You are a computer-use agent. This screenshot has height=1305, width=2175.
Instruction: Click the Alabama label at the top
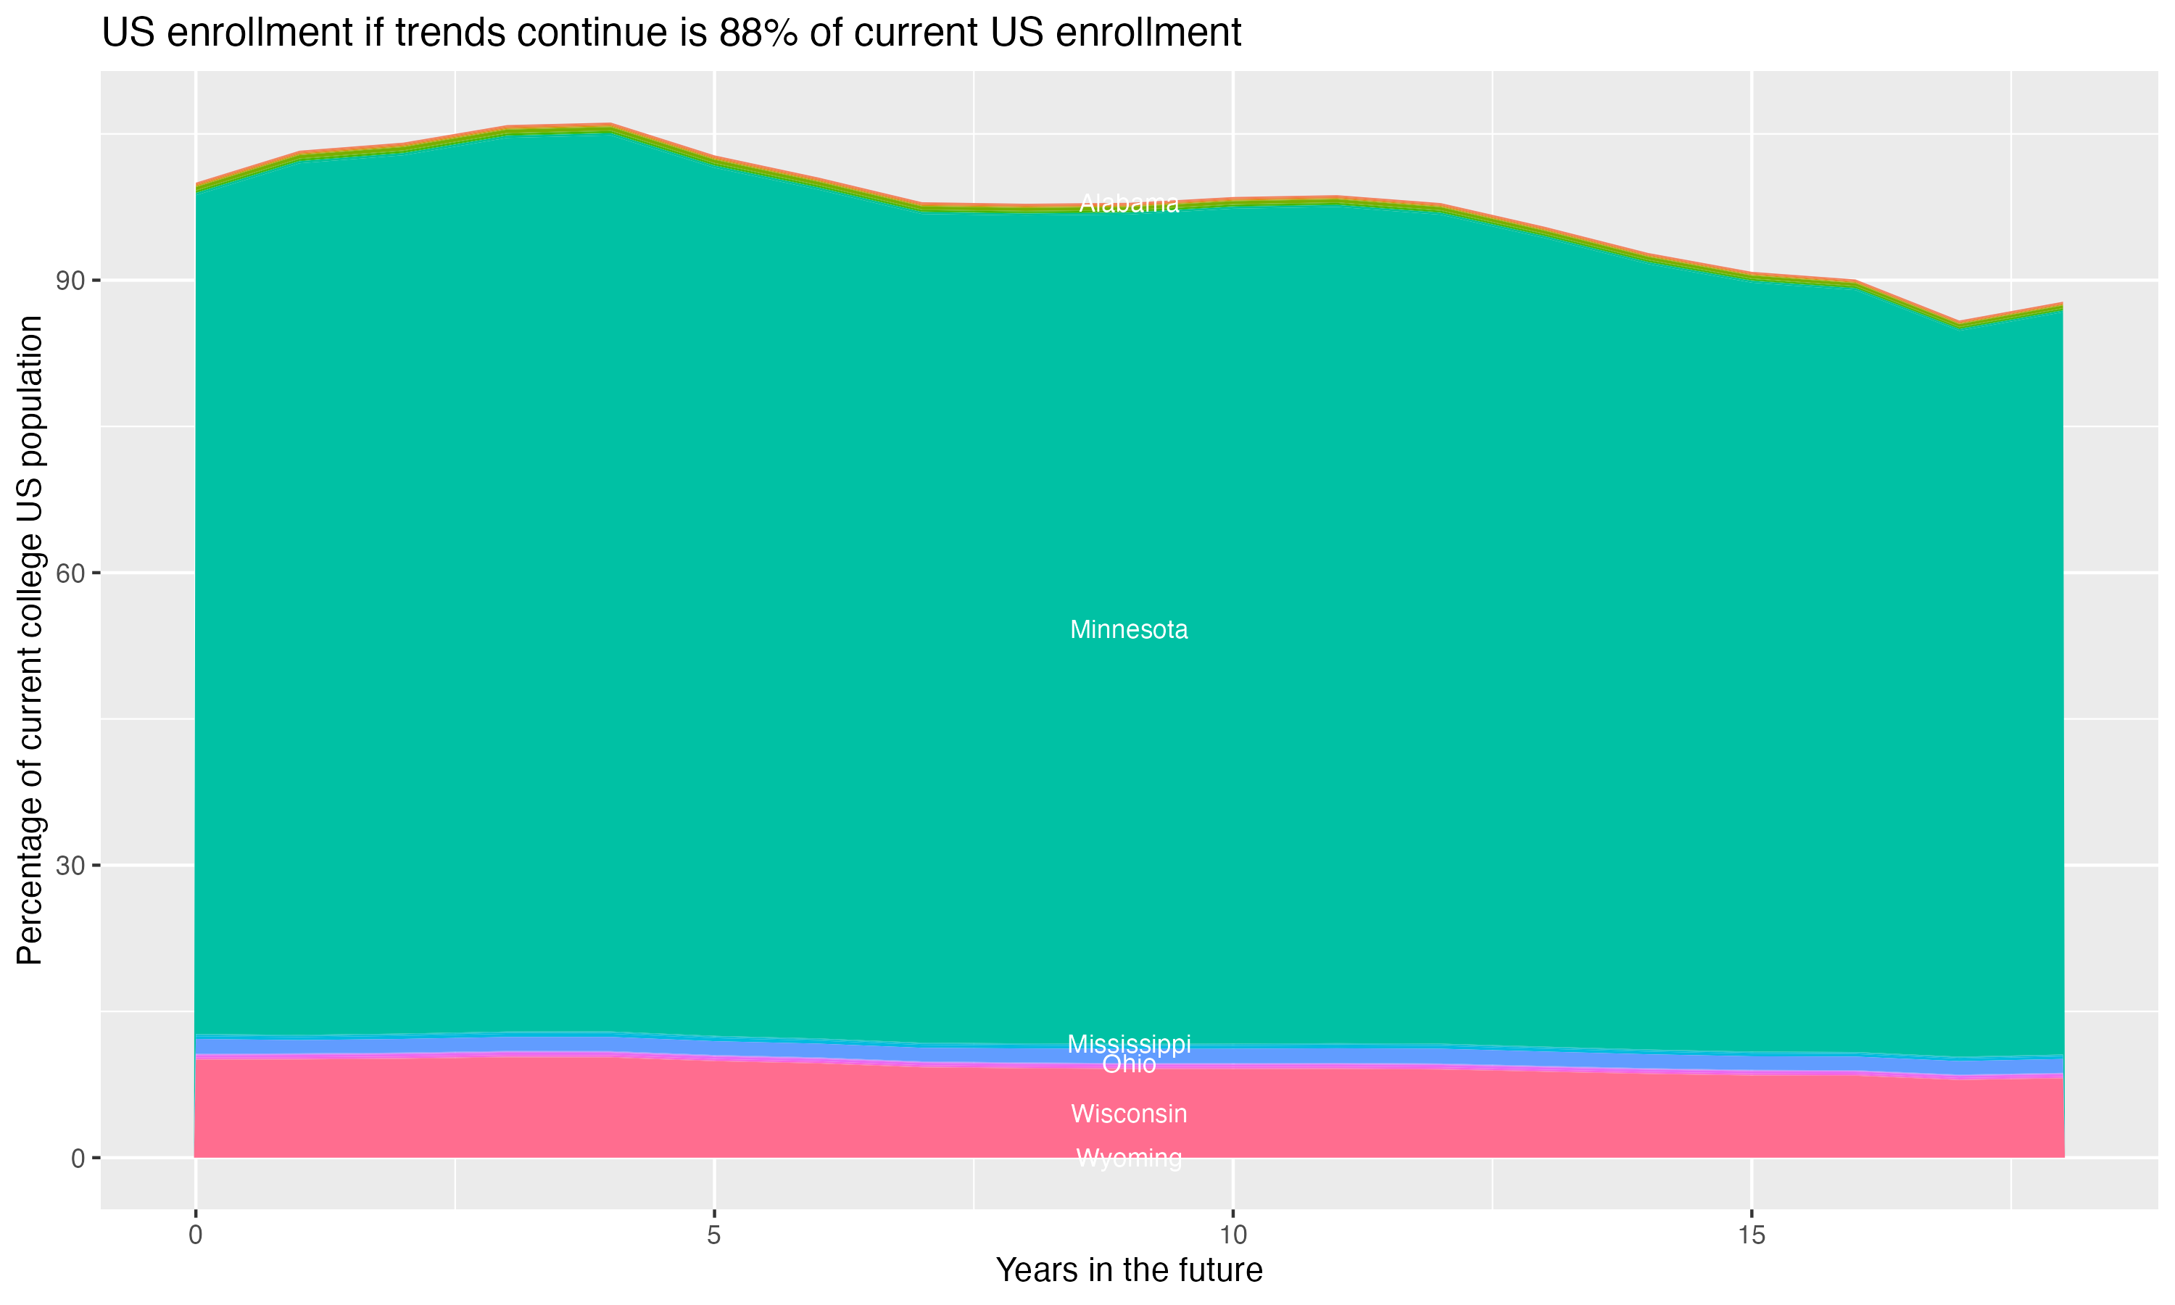pyautogui.click(x=1129, y=203)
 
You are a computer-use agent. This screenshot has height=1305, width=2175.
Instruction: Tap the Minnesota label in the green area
pyautogui.click(x=1129, y=629)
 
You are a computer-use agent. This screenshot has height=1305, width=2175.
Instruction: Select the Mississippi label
pyautogui.click(x=1129, y=1044)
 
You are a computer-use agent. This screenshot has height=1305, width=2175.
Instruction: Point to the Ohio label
pyautogui.click(x=1129, y=1064)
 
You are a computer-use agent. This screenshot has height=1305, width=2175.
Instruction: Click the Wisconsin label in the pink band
pyautogui.click(x=1129, y=1114)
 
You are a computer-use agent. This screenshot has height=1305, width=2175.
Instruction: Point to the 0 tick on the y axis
pyautogui.click(x=79, y=1158)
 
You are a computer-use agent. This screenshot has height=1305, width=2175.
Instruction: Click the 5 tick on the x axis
pyautogui.click(x=714, y=1235)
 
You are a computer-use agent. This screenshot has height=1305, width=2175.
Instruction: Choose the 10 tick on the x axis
pyautogui.click(x=1232, y=1235)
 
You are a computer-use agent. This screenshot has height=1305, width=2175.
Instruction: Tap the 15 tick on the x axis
pyautogui.click(x=1752, y=1235)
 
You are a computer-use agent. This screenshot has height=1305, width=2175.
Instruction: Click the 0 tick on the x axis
pyautogui.click(x=195, y=1235)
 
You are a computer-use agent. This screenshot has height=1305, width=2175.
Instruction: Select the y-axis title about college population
pyautogui.click(x=30, y=639)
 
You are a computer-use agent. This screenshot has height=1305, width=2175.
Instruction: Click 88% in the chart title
pyautogui.click(x=758, y=33)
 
